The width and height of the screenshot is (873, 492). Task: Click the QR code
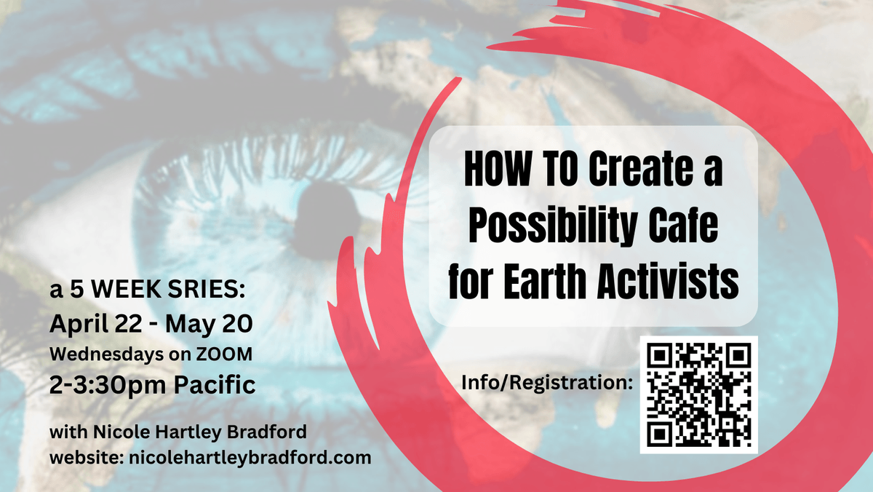tap(699, 394)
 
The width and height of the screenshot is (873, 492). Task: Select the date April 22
tap(96, 325)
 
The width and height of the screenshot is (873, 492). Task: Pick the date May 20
tap(209, 324)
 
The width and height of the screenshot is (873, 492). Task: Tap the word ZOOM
tap(224, 354)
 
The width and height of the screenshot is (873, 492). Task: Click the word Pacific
tap(215, 384)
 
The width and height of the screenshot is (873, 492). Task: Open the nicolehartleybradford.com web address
tap(250, 458)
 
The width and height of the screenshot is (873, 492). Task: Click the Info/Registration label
tap(547, 382)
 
